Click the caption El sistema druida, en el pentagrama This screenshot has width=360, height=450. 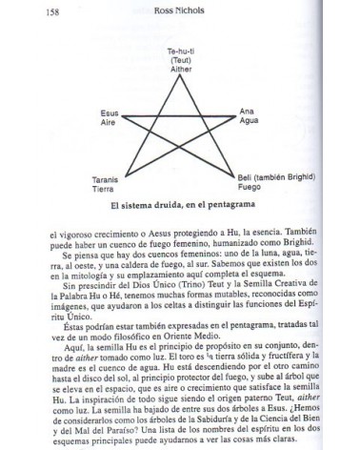pyautogui.click(x=178, y=205)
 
